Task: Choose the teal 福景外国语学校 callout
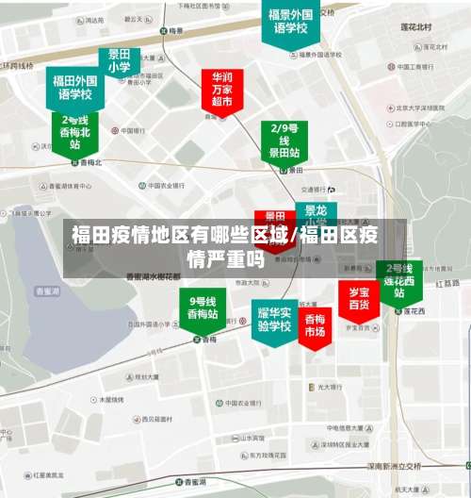coord(289,23)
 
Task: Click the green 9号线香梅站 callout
coord(203,307)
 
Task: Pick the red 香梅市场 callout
coord(314,325)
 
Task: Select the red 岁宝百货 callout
coord(359,298)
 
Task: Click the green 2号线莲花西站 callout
coord(398,281)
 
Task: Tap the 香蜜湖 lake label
coord(46,291)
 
